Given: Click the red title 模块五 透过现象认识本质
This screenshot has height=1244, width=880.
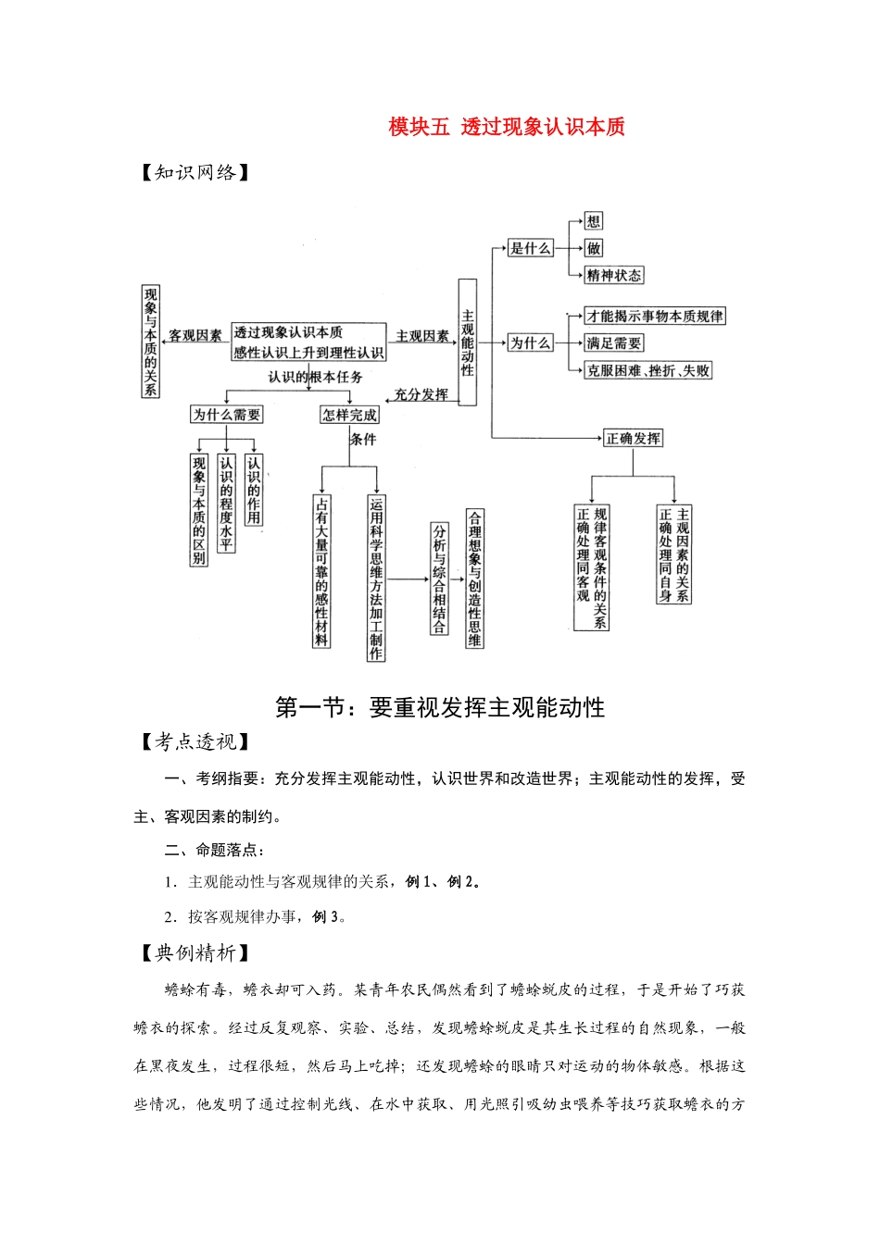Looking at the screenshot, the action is click(507, 127).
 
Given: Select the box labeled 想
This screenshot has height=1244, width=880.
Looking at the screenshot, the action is click(594, 221).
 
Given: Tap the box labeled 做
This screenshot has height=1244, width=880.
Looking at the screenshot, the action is click(594, 248).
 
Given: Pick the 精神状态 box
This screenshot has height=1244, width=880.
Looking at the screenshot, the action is click(613, 275).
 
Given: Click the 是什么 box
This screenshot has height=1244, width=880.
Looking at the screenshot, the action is click(531, 248).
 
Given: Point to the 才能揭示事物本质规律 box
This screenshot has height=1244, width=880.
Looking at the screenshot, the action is click(655, 316).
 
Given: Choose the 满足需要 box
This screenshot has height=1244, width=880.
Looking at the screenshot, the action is click(613, 342).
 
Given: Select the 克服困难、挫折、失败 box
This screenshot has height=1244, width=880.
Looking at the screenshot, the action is click(648, 370).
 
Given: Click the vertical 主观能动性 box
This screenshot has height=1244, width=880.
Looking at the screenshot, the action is click(468, 342).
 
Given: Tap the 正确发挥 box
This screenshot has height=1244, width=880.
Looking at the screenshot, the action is click(634, 438).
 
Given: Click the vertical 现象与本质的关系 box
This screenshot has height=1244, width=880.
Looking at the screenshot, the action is click(150, 341).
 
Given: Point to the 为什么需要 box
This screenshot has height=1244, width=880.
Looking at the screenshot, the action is click(226, 415).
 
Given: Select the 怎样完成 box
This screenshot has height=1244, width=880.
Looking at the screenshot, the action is click(349, 415).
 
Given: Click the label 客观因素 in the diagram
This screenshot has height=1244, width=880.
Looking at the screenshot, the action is click(195, 336).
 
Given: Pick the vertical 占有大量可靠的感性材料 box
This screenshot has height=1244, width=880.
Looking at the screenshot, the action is click(321, 570).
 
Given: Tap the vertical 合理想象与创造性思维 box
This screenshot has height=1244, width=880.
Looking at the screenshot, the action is click(475, 578).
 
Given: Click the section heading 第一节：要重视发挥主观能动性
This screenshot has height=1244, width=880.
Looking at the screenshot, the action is click(440, 708).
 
